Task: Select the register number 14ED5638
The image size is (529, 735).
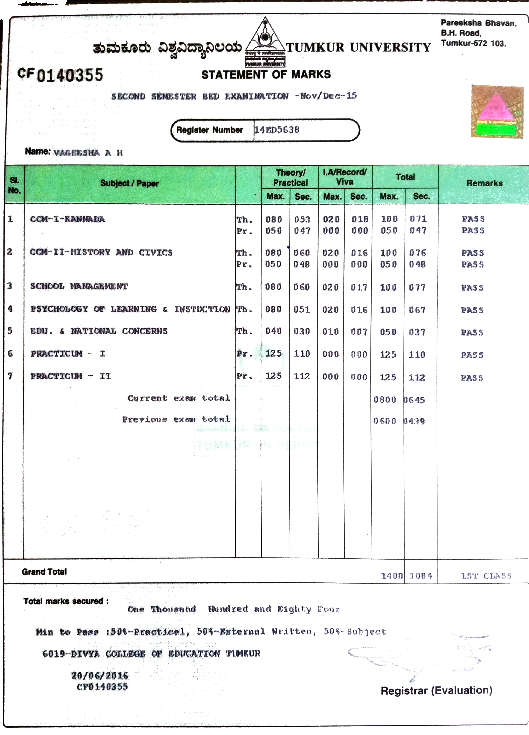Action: pos(277,130)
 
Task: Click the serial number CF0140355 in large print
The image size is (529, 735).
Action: pos(60,75)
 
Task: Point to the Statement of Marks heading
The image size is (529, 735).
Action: pos(266,75)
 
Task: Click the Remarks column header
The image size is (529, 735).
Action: pos(484,183)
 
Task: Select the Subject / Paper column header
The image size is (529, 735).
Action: pos(129,183)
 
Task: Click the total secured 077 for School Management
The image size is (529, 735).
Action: pos(417,287)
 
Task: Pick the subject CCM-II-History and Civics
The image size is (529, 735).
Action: pos(101,252)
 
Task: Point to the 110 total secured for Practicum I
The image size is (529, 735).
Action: pos(417,355)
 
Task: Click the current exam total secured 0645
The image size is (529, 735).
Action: pos(414,400)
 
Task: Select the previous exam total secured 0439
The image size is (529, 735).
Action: pos(414,421)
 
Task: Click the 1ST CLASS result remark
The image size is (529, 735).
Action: pos(486,576)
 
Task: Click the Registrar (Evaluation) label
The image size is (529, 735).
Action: pos(437,690)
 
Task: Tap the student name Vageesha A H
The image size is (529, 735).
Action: pos(88,153)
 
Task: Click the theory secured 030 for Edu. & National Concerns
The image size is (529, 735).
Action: pos(302,331)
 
